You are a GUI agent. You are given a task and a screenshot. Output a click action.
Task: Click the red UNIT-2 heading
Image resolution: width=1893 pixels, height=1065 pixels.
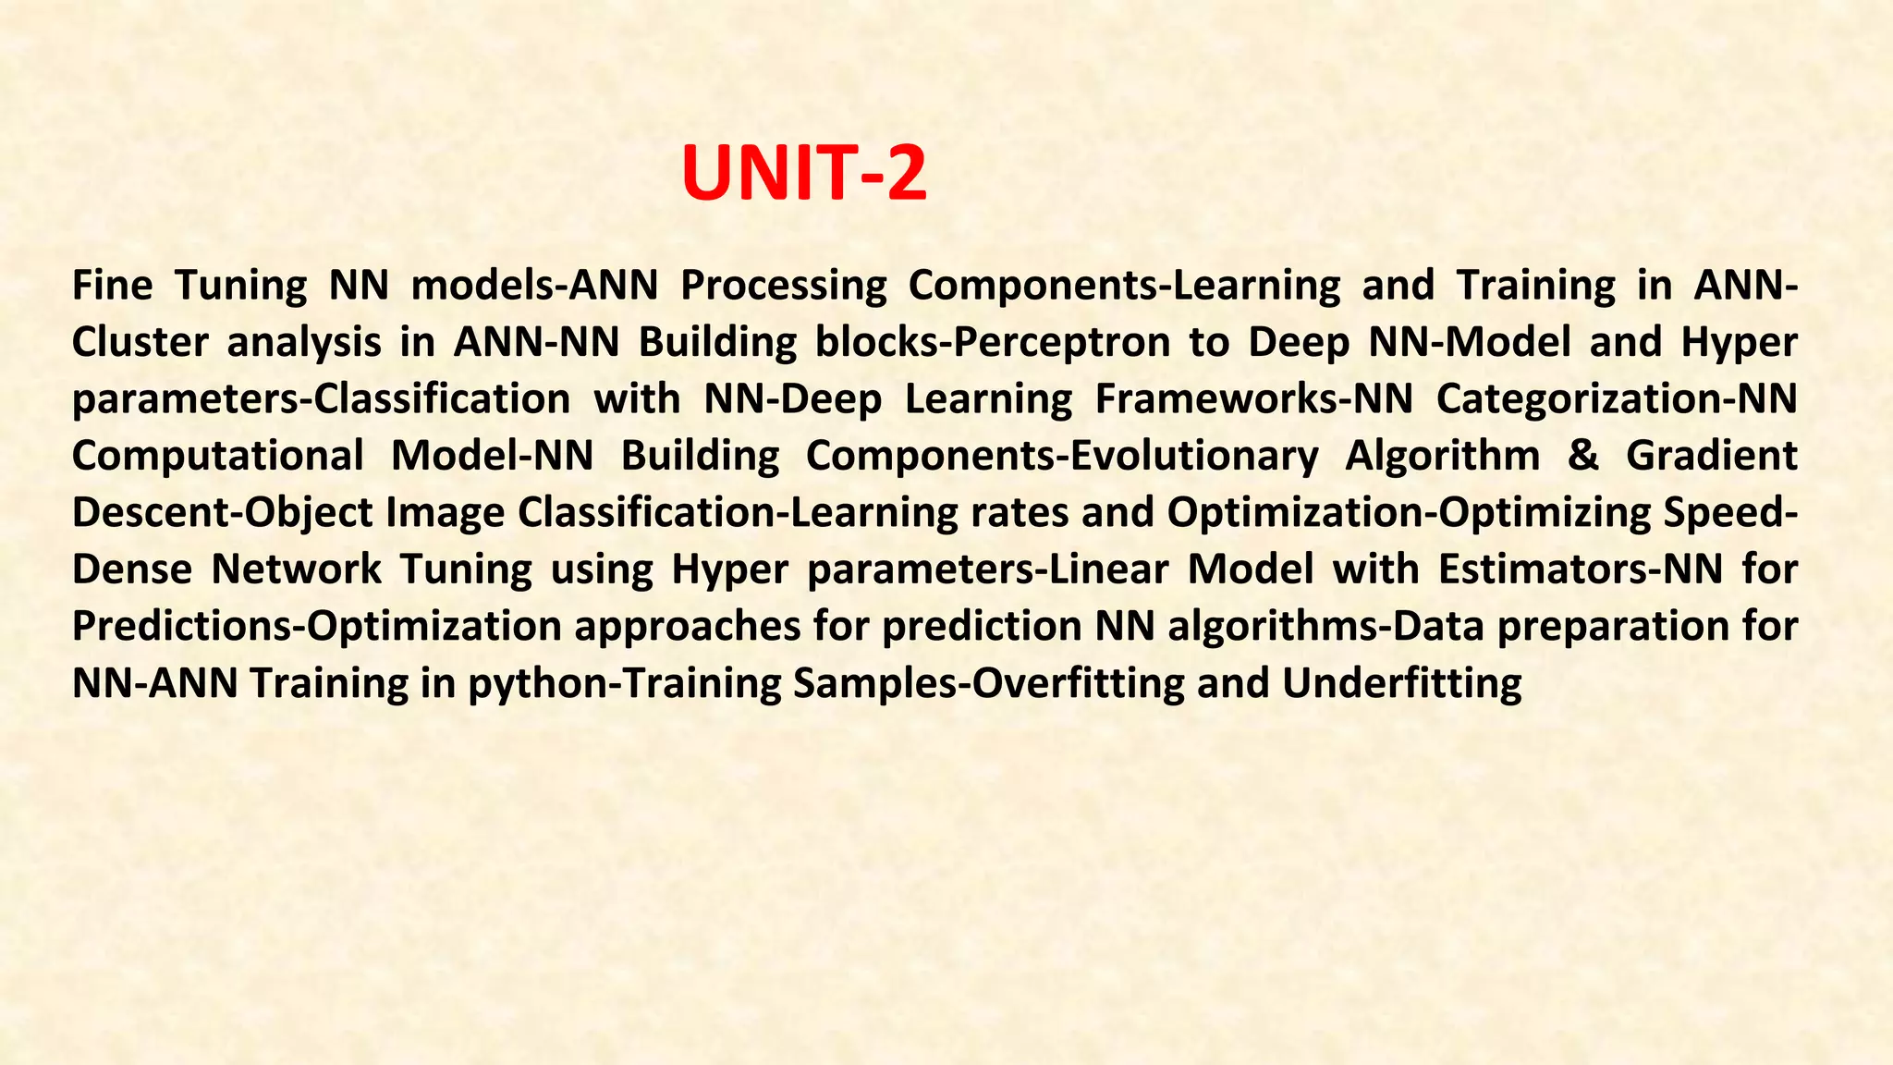pos(803,174)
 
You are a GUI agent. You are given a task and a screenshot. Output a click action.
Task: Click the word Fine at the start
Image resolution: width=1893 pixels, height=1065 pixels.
pos(112,285)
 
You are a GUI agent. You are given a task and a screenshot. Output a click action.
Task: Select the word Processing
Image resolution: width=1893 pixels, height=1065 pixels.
pos(783,287)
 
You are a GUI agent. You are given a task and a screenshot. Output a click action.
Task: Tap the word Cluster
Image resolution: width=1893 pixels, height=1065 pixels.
pos(139,342)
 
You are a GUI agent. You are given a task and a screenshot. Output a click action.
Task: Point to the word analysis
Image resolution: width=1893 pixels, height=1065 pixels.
pos(304,342)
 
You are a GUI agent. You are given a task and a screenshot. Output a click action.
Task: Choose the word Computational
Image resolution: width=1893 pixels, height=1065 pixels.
pos(217,456)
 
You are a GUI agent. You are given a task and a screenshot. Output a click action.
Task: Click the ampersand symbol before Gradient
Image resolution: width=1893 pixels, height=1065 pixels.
pos(1582,456)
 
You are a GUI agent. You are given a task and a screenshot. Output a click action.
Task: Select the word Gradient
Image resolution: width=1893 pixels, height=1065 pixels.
pos(1711,456)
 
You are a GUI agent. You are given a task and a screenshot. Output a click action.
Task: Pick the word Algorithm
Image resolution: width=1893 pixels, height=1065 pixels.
pos(1442,456)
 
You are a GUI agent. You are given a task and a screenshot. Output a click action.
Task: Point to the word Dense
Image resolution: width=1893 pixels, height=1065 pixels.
pos(131,569)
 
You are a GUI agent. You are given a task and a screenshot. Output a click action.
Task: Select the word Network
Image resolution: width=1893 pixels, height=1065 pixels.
pos(296,569)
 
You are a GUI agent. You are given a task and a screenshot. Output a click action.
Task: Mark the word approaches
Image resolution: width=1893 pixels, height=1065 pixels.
pos(687,627)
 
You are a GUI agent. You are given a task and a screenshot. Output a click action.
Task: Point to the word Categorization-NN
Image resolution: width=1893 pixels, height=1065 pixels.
pos(1617,399)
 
